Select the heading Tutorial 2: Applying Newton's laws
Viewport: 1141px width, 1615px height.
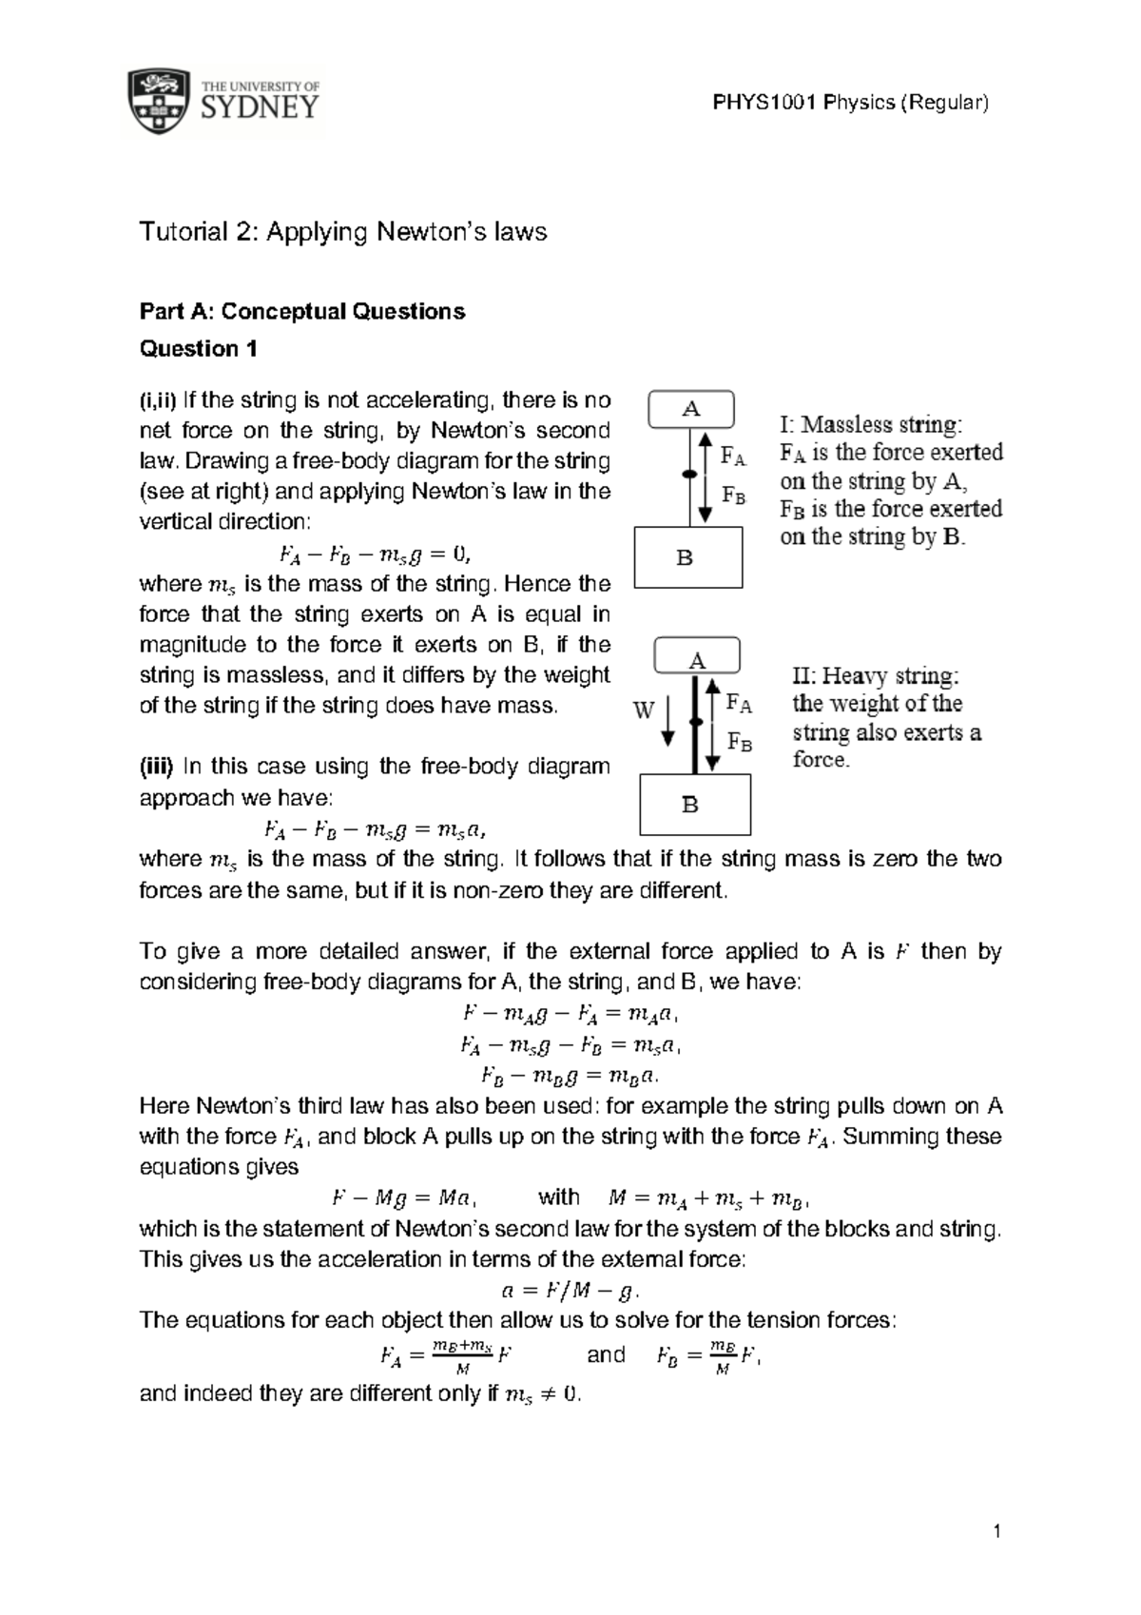click(343, 232)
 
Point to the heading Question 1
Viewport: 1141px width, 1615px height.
click(199, 349)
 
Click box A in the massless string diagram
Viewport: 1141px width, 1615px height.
click(691, 410)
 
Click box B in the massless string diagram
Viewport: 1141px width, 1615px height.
click(687, 558)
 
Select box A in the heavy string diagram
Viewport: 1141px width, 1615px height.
click(697, 661)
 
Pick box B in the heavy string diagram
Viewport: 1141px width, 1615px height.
click(695, 805)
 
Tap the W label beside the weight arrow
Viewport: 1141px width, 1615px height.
click(644, 710)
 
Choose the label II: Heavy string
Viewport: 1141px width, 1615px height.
click(876, 676)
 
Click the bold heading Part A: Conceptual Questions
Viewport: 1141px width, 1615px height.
click(302, 312)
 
